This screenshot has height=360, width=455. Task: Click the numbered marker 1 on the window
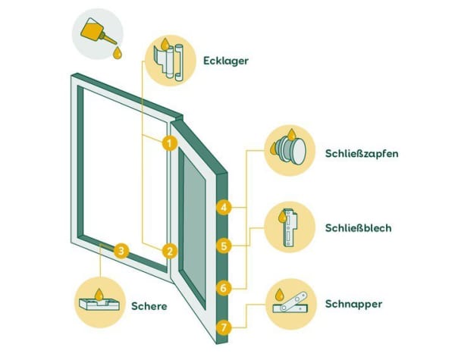pos(170,142)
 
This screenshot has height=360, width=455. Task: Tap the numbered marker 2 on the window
pos(170,250)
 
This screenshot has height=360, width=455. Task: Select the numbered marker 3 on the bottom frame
pos(121,249)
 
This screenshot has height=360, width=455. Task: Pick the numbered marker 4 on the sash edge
pos(223,206)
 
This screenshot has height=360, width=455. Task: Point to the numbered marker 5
pos(223,246)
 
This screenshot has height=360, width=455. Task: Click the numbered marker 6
pos(223,288)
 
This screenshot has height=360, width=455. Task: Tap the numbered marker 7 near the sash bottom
pos(223,328)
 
